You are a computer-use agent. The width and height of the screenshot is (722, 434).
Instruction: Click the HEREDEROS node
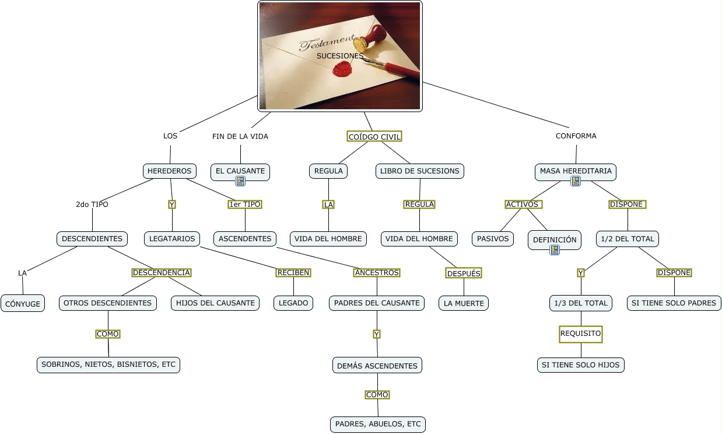pos(169,171)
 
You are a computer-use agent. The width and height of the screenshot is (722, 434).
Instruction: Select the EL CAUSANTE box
pos(240,171)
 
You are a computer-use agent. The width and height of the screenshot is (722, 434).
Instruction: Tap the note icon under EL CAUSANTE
pos(240,181)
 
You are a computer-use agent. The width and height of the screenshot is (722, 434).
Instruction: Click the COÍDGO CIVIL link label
pos(374,137)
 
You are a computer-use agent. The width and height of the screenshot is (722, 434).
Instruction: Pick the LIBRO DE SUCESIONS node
pos(420,171)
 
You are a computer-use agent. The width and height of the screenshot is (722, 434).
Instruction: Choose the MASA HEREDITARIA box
pos(576,171)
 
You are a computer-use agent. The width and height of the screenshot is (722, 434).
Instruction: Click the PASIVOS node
pos(493,238)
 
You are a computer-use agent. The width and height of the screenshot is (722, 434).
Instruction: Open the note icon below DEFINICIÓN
pos(555,249)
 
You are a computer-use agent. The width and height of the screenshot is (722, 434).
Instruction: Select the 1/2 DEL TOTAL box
pos(628,238)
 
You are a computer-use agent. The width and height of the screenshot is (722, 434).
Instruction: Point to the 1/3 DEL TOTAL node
pos(581,303)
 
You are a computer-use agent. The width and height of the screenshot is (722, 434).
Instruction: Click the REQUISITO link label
pos(580,334)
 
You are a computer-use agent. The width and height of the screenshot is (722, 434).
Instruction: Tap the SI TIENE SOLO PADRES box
pos(674,303)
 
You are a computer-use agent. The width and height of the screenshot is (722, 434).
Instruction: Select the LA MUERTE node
pos(464,303)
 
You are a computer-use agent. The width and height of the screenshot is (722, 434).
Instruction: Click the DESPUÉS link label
pos(464,273)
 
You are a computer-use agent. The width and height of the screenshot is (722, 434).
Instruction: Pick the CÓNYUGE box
pos(23,304)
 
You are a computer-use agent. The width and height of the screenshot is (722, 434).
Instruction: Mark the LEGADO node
pos(293,303)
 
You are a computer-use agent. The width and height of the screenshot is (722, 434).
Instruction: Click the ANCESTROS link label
pos(377,273)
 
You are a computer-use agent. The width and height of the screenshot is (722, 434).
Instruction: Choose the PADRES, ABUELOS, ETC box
pos(378,424)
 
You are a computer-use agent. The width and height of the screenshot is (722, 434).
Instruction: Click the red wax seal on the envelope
pos(341,70)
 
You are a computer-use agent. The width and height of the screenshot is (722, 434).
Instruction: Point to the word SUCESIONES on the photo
pos(340,55)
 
